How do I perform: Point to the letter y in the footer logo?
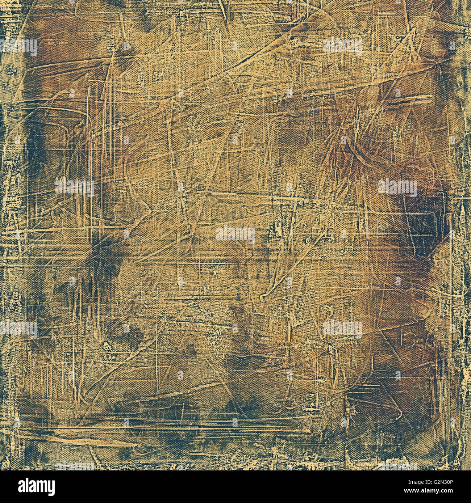[x=50, y=487]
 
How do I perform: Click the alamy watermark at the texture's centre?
[x=236, y=236]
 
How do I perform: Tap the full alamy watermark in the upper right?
[x=342, y=47]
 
